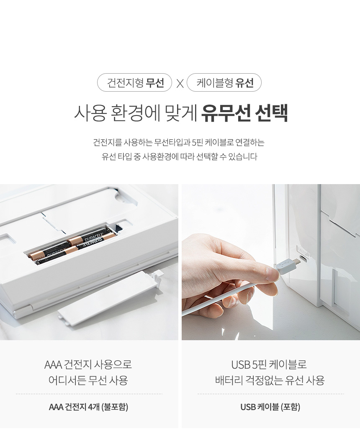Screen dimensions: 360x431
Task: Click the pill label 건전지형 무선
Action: (x=134, y=82)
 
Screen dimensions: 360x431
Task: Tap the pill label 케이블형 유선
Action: (x=224, y=82)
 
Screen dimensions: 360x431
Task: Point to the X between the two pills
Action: (x=180, y=83)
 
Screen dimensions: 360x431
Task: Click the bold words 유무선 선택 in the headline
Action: (x=244, y=113)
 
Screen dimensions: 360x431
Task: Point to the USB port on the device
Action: (x=304, y=258)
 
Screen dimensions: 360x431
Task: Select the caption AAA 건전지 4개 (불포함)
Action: (x=88, y=407)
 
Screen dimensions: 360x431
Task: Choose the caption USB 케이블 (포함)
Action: (x=270, y=407)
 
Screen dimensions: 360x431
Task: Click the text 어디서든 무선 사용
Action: (x=88, y=380)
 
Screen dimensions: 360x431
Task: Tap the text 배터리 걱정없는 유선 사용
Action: (x=270, y=380)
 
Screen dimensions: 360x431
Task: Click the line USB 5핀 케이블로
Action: (x=269, y=364)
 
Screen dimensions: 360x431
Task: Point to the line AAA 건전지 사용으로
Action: (x=88, y=364)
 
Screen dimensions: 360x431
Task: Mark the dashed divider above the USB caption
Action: (x=270, y=394)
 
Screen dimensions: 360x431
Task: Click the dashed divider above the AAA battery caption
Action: (x=89, y=394)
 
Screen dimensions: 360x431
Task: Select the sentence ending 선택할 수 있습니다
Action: (x=179, y=156)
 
